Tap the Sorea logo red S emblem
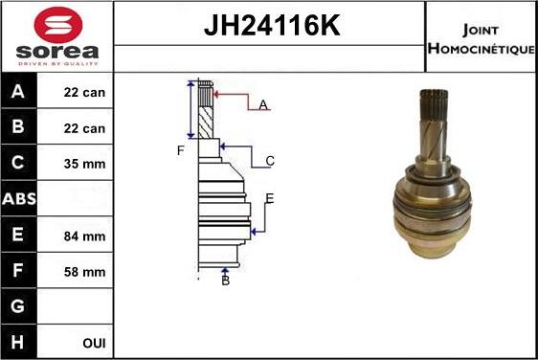[x=57, y=24]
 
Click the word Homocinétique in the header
[x=481, y=47]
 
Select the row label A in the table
[x=18, y=93]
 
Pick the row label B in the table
[x=18, y=127]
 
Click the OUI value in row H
[x=94, y=342]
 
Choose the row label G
[x=18, y=307]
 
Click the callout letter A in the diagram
[x=262, y=105]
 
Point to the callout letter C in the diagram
[x=270, y=161]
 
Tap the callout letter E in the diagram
[x=270, y=198]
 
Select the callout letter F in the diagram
[x=179, y=150]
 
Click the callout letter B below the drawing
[x=225, y=280]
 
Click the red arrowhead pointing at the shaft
[x=218, y=94]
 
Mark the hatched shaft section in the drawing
[x=205, y=124]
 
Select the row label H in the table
[x=18, y=342]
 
